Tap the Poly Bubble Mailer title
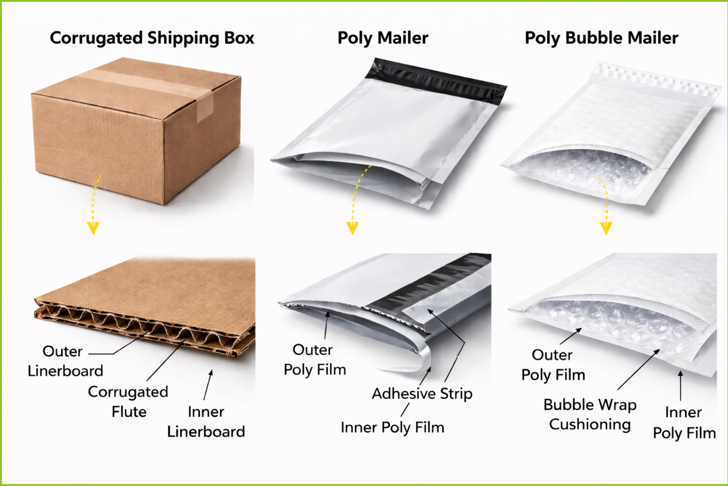[x=601, y=38]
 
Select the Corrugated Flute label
[x=128, y=402]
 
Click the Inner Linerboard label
[x=206, y=422]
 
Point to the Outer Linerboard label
[x=65, y=361]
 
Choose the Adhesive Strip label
[x=422, y=394]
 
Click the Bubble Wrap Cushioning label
[x=590, y=415]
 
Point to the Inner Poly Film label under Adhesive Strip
[x=393, y=427]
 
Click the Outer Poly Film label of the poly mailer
[x=315, y=360]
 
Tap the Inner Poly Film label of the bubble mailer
[x=684, y=423]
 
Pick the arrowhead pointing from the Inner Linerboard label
[x=211, y=373]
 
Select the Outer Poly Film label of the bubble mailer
[x=553, y=365]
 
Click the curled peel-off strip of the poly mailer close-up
[x=419, y=360]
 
